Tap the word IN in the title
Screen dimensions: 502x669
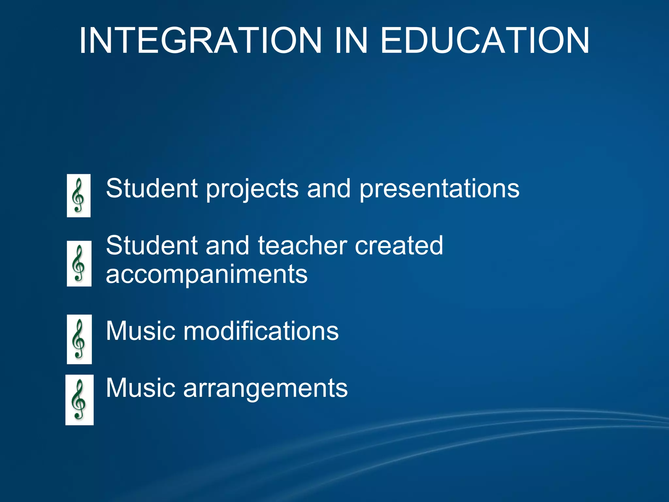351,41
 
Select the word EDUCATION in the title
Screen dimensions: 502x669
485,41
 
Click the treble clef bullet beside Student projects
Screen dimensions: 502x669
79,195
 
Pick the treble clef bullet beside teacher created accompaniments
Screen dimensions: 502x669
79,263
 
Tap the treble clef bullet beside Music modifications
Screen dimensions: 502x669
79,339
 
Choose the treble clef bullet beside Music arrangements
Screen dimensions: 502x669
79,400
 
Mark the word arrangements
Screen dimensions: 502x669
265,388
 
